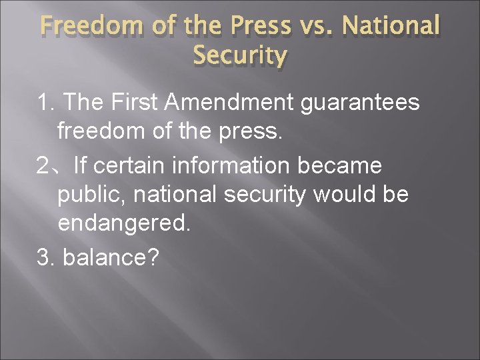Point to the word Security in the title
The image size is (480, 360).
pyautogui.click(x=240, y=56)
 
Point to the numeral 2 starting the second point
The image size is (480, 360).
pyautogui.click(x=43, y=163)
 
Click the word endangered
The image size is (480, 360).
pyautogui.click(x=124, y=223)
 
